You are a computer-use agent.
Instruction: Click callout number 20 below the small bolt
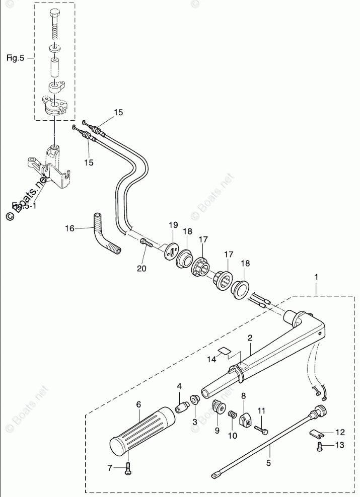pyautogui.click(x=141, y=269)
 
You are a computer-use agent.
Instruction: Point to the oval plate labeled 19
pyautogui.click(x=172, y=250)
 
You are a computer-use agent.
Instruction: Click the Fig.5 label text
pyautogui.click(x=15, y=58)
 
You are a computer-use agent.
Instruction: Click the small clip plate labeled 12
pyautogui.click(x=316, y=432)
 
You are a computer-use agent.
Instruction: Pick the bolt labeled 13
pyautogui.click(x=320, y=446)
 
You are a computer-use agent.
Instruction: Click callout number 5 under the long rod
pyautogui.click(x=268, y=462)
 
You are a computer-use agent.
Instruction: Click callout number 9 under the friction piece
pyautogui.click(x=217, y=431)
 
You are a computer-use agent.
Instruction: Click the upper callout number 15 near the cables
pyautogui.click(x=118, y=113)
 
